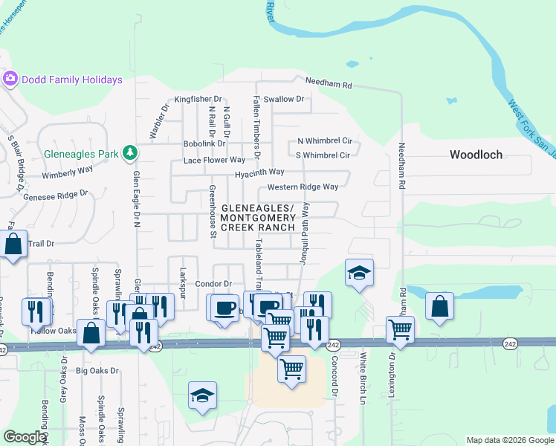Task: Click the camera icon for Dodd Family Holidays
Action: tap(10, 79)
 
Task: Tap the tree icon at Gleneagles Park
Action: tap(131, 152)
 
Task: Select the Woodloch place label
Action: tap(476, 155)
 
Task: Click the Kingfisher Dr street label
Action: tap(198, 99)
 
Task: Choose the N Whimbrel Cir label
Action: tap(324, 140)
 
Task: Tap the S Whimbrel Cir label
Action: tap(323, 155)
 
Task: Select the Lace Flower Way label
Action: tap(214, 160)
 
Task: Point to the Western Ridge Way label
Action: tap(303, 187)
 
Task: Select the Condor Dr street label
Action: tap(213, 284)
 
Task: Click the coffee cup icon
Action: tap(224, 306)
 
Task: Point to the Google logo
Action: tap(25, 437)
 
